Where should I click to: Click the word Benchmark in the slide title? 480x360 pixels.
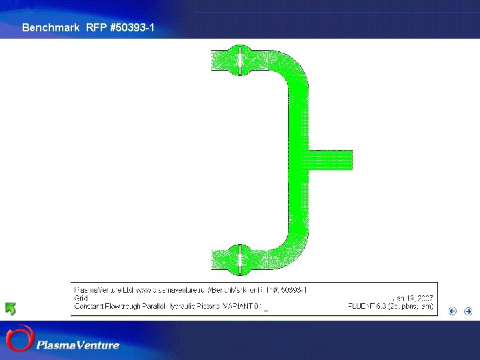point(51,28)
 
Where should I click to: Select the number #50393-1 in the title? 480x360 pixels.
point(132,28)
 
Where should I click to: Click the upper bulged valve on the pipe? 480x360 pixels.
point(239,60)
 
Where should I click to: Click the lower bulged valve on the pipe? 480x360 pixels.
point(239,259)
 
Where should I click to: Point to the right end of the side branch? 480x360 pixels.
point(349,160)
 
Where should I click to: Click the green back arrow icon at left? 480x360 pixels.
point(10,309)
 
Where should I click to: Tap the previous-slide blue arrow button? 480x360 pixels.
point(453,311)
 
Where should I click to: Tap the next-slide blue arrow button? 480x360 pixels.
point(468,311)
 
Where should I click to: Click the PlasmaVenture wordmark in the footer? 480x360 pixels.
point(78,345)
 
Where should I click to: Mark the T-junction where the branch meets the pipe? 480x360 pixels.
point(301,160)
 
